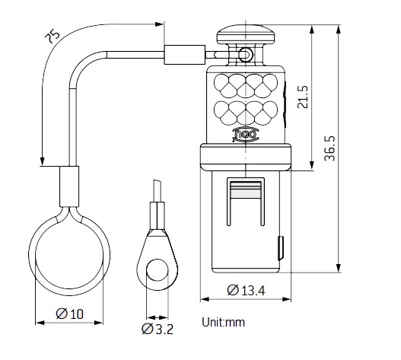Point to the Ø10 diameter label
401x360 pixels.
coord(71,314)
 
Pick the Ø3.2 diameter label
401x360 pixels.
coord(158,330)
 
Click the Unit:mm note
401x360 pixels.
coord(224,323)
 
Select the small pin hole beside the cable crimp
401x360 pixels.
coord(245,54)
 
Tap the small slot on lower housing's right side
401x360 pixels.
coord(281,247)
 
